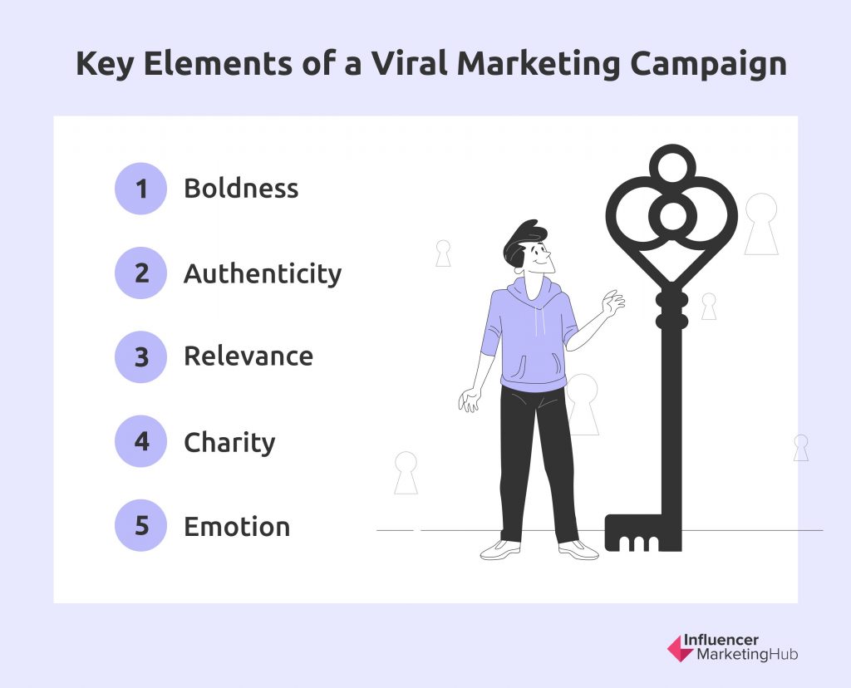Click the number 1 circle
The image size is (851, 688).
pyautogui.click(x=140, y=189)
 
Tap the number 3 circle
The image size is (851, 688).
pyautogui.click(x=140, y=357)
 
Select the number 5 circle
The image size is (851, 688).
pyautogui.click(x=140, y=525)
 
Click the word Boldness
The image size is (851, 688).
pyautogui.click(x=241, y=189)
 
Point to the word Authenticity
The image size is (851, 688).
pyautogui.click(x=263, y=273)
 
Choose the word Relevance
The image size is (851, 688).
pyautogui.click(x=248, y=356)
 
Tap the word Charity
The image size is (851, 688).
pyautogui.click(x=229, y=443)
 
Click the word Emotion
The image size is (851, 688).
pyautogui.click(x=237, y=526)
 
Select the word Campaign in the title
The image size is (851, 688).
pyautogui.click(x=708, y=65)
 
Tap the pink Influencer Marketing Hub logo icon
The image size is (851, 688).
pyautogui.click(x=681, y=648)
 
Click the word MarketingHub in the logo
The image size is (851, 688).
pyautogui.click(x=747, y=655)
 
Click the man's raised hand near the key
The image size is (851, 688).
pyautogui.click(x=612, y=302)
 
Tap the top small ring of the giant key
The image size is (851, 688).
pyautogui.click(x=672, y=164)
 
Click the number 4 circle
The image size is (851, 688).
pyautogui.click(x=140, y=441)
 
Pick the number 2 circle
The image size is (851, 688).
pyautogui.click(x=140, y=273)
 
